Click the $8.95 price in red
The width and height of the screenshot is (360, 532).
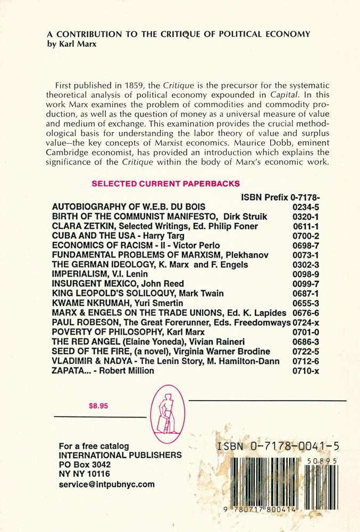(99, 405)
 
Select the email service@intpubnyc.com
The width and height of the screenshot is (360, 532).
(106, 484)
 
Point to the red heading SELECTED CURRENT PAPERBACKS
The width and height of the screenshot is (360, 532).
(165, 184)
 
